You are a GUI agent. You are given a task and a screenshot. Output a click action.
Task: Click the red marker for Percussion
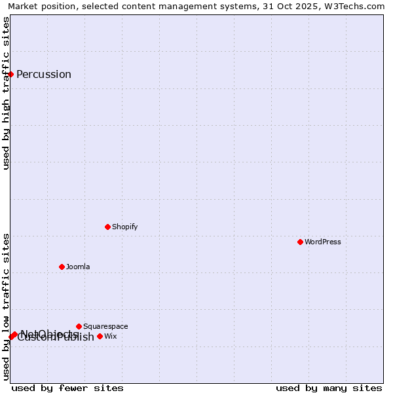(x=11, y=74)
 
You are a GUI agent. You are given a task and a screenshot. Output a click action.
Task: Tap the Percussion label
(x=44, y=74)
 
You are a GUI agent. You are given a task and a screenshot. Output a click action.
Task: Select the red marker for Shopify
(x=108, y=227)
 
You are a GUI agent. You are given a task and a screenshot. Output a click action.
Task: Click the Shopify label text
(x=125, y=227)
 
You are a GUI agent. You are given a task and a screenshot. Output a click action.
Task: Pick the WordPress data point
(x=301, y=242)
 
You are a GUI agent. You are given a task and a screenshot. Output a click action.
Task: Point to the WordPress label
(x=323, y=242)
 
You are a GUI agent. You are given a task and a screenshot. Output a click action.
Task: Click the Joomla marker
(x=62, y=267)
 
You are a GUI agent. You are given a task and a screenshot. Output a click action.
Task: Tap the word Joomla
(x=78, y=267)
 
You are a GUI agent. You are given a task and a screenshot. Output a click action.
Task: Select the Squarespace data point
(x=79, y=326)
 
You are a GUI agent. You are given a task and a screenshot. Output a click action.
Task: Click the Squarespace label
(x=105, y=326)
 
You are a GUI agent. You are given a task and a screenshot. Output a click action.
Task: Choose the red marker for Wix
(x=100, y=336)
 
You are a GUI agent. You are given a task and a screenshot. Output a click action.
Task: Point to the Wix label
(x=111, y=336)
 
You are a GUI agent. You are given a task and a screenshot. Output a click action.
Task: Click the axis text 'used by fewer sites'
(x=67, y=388)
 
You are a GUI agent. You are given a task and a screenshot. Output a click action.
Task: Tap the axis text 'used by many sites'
(x=329, y=388)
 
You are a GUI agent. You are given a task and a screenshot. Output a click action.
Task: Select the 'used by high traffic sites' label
(x=6, y=93)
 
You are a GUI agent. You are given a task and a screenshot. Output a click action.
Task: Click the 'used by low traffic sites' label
(x=6, y=307)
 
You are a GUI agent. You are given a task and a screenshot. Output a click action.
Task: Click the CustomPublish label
(x=56, y=339)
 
